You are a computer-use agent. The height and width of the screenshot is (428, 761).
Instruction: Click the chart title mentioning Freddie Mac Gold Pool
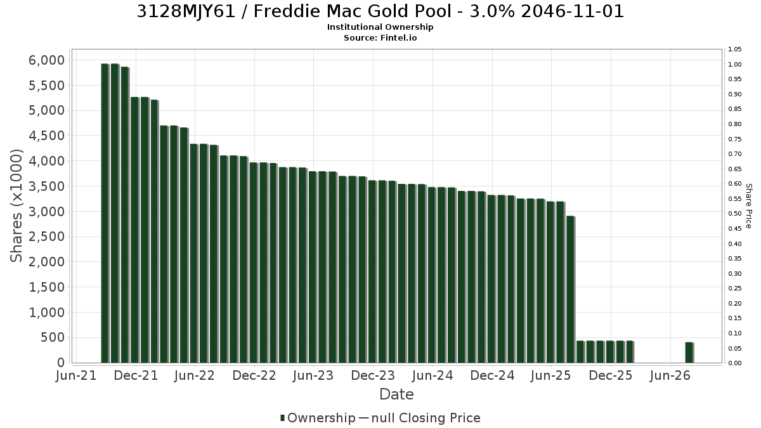[x=380, y=11]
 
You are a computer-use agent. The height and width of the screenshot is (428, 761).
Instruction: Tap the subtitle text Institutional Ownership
[x=380, y=27]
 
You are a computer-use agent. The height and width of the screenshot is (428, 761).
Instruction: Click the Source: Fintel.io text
[x=380, y=37]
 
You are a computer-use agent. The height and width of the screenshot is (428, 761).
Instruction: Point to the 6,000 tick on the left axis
[x=46, y=60]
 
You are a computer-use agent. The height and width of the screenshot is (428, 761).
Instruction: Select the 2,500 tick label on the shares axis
[x=46, y=237]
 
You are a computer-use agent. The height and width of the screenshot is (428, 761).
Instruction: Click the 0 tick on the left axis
[x=61, y=363]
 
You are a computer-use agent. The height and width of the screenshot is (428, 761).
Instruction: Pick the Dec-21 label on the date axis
[x=136, y=375]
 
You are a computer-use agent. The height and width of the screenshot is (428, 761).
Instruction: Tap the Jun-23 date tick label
[x=313, y=375]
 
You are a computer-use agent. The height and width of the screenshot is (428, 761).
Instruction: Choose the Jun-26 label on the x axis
[x=670, y=375]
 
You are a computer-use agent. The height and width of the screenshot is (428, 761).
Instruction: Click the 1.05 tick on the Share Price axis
[x=734, y=49]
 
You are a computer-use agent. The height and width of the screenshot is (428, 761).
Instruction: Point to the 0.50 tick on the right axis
[x=734, y=214]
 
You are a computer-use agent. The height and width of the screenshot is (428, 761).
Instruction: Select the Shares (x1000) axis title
[x=16, y=206]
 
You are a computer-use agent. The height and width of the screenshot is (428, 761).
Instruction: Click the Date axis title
[x=396, y=394]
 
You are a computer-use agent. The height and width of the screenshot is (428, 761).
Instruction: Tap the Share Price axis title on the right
[x=748, y=206]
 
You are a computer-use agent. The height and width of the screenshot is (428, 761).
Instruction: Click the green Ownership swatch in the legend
[x=282, y=418]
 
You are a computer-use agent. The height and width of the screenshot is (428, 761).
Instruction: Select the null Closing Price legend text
[x=426, y=418]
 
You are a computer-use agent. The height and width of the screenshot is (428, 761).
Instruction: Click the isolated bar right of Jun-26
[x=689, y=353]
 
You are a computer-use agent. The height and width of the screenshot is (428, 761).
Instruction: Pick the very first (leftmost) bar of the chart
[x=105, y=213]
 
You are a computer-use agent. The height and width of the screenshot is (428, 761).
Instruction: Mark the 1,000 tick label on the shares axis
[x=46, y=312]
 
